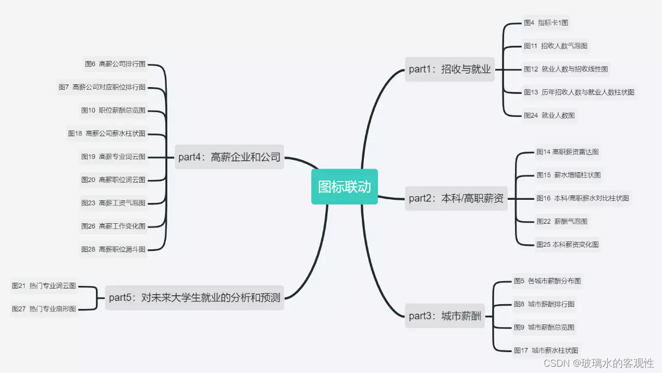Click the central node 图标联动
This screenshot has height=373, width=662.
[x=345, y=187]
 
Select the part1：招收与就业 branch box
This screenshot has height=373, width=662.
[x=450, y=69]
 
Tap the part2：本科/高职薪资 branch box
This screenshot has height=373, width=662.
[x=456, y=198]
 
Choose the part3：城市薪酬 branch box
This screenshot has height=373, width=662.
[x=445, y=316]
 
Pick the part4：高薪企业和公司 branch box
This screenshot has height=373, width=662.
[x=229, y=157]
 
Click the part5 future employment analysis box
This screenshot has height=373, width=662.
[x=194, y=298]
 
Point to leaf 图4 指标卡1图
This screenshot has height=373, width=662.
[x=546, y=23]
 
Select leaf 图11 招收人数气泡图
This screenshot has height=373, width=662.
[x=556, y=46]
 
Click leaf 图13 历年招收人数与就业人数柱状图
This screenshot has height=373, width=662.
[x=579, y=92]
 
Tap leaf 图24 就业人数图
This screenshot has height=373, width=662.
[x=549, y=115]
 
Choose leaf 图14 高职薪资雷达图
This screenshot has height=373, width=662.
[x=567, y=152]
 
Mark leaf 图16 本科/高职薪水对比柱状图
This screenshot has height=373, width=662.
[x=583, y=198]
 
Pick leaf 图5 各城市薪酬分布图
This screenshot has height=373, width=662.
[x=547, y=281]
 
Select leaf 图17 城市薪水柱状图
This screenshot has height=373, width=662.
[x=546, y=351]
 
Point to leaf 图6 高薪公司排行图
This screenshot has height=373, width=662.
[x=115, y=64]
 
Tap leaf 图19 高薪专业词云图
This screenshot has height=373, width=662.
[x=113, y=157]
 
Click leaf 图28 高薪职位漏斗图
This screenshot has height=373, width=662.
[x=113, y=249]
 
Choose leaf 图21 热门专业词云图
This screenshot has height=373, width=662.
[x=44, y=286]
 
